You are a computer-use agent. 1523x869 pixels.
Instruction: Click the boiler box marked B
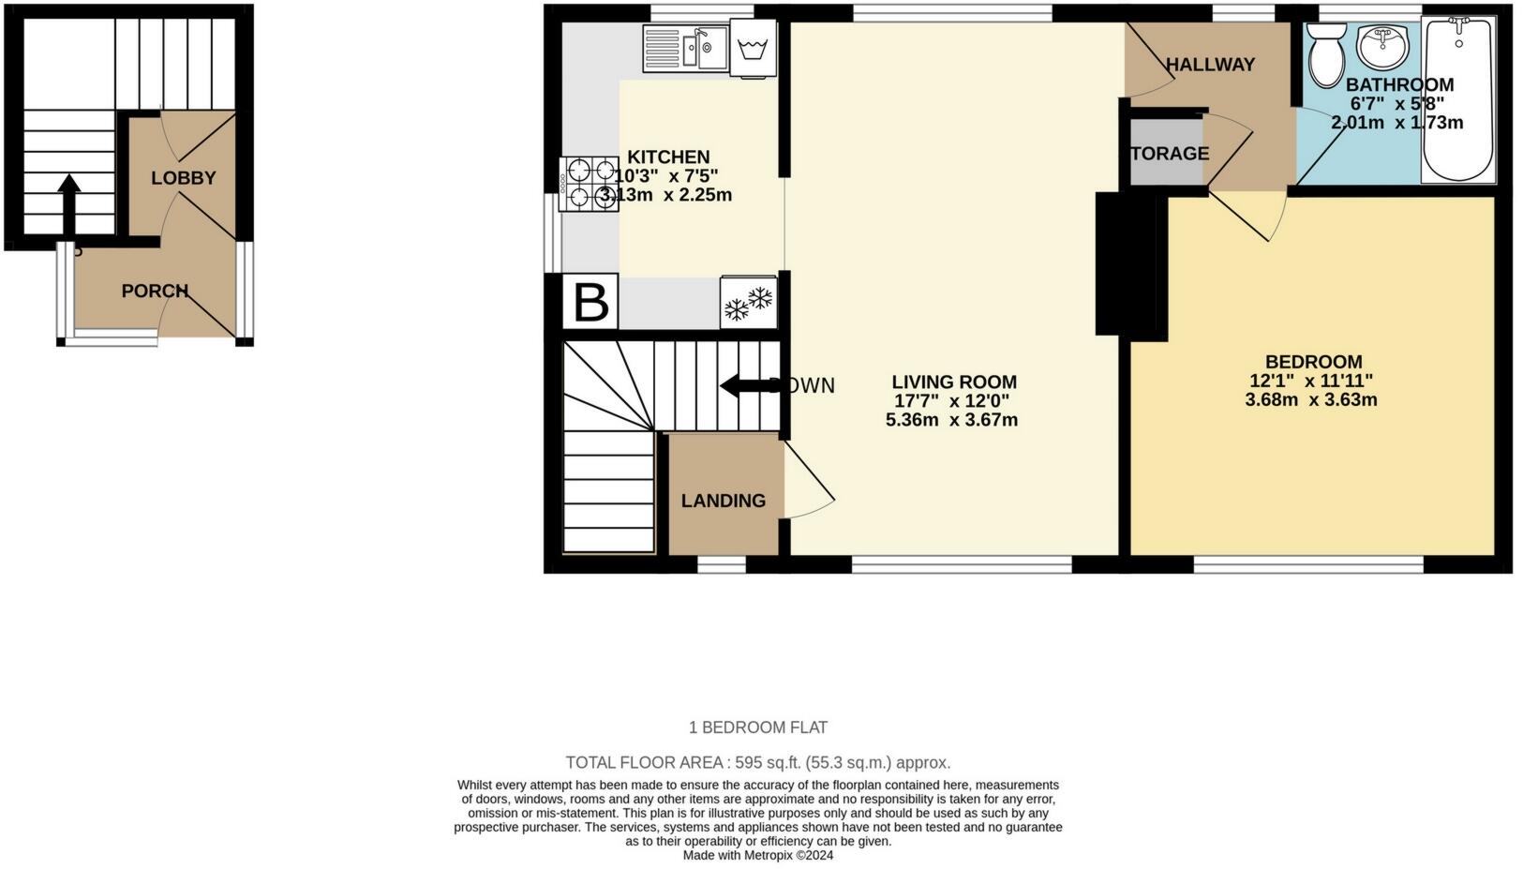[x=590, y=303]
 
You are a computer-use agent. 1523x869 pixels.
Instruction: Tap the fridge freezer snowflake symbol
[x=749, y=303]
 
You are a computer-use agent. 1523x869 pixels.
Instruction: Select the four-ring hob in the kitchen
[x=590, y=184]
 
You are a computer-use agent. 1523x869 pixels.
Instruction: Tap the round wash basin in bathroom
[x=1382, y=45]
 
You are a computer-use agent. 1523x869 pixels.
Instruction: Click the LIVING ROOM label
[x=953, y=382]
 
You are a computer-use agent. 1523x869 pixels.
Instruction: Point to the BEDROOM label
[x=1313, y=362]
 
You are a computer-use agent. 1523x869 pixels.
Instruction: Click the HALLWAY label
[x=1210, y=65]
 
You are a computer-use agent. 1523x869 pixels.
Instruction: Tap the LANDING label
[x=723, y=501]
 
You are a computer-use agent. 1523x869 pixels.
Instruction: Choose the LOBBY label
[x=184, y=178]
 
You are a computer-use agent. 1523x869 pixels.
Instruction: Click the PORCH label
[x=155, y=292]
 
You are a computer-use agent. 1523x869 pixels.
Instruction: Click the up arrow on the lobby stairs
[x=67, y=202]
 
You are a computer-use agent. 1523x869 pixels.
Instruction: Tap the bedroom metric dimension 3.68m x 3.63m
[x=1310, y=400]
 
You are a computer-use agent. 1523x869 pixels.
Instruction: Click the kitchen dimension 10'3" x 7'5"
[x=666, y=175]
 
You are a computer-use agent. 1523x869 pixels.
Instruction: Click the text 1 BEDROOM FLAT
[x=758, y=727]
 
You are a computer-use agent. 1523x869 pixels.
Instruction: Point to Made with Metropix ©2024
[x=757, y=855]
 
